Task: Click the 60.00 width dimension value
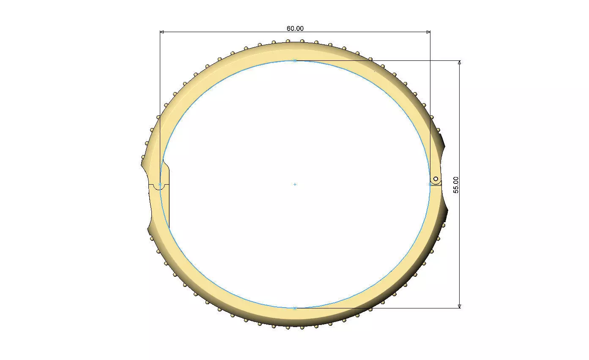[295, 28]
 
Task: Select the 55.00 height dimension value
[456, 185]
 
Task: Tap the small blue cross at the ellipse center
[295, 184]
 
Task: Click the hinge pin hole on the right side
[436, 179]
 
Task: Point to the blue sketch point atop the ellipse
[295, 61]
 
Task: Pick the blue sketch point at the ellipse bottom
[295, 308]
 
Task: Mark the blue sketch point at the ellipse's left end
[160, 184]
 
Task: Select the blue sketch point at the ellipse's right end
[430, 184]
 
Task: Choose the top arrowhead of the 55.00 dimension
[460, 63]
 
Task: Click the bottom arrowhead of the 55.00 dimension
[460, 306]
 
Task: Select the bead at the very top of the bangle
[302, 41]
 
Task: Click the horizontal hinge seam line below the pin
[436, 185]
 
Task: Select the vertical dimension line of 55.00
[460, 127]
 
